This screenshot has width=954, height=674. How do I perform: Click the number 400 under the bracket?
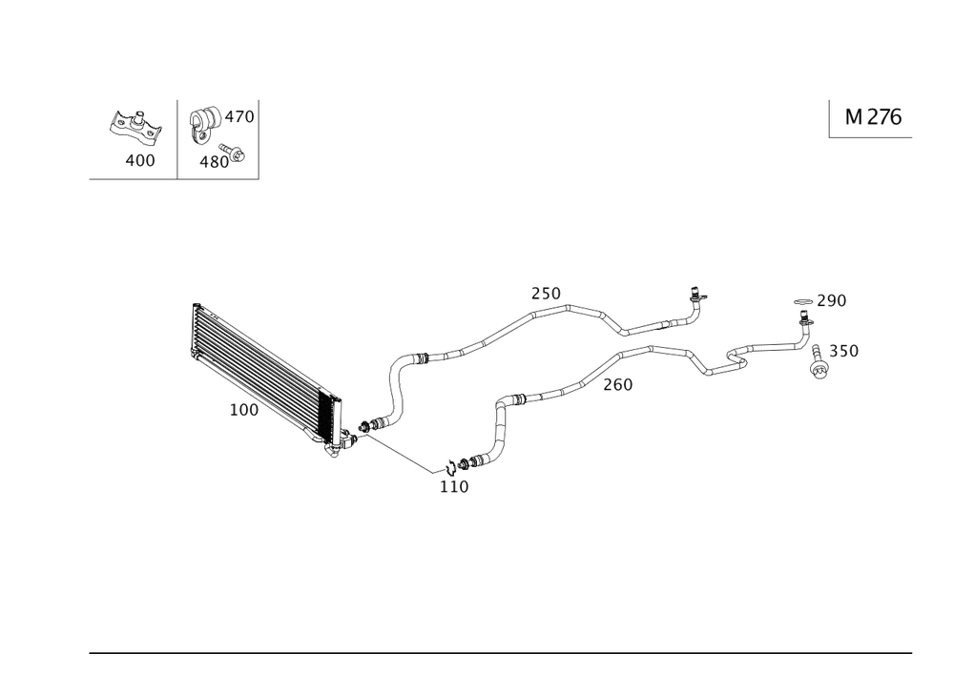[139, 160]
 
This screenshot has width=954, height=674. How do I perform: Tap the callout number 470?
[238, 117]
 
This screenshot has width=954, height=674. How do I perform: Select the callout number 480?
[212, 161]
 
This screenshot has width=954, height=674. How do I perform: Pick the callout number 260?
[618, 385]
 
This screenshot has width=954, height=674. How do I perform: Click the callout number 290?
[831, 302]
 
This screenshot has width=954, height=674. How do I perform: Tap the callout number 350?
[844, 351]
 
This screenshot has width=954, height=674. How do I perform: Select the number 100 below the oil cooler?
[243, 411]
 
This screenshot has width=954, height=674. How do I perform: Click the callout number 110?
[454, 486]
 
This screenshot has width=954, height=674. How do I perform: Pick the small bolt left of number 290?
[802, 303]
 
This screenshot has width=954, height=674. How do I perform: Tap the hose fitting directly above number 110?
[462, 465]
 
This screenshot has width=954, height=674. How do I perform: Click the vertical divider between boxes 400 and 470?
[179, 137]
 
